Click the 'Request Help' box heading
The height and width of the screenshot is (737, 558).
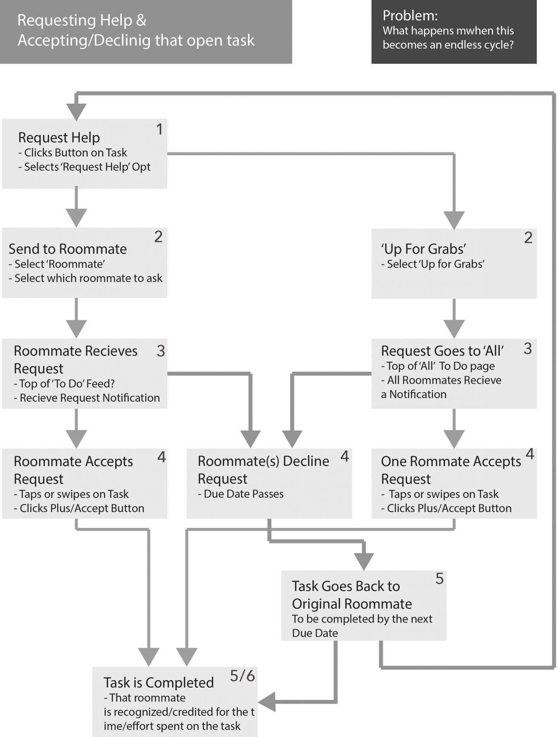pyautogui.click(x=59, y=137)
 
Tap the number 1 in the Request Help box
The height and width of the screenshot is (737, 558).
pyautogui.click(x=159, y=129)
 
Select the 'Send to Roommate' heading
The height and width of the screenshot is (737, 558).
pyautogui.click(x=68, y=249)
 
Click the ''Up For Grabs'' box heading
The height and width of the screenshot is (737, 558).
pyautogui.click(x=424, y=249)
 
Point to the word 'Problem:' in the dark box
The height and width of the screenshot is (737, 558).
pyautogui.click(x=410, y=15)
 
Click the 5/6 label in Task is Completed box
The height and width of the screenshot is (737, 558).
pyautogui.click(x=242, y=676)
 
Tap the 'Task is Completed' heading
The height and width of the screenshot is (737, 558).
pyautogui.click(x=159, y=683)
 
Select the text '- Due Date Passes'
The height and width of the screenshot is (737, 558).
pyautogui.click(x=241, y=494)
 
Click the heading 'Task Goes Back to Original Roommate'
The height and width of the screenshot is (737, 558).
pyautogui.click(x=352, y=595)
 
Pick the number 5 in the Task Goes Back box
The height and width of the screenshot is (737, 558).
pyautogui.click(x=439, y=579)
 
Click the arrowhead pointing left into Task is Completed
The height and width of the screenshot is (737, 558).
pyautogui.click(x=267, y=702)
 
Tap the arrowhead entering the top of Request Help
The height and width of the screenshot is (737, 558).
pyautogui.click(x=76, y=112)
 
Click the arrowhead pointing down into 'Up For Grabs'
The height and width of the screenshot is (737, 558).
pyautogui.click(x=454, y=220)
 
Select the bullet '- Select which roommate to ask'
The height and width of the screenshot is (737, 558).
pyautogui.click(x=86, y=278)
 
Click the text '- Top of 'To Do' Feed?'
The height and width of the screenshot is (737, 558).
pyautogui.click(x=64, y=384)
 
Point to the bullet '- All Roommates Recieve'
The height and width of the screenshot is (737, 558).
pyautogui.click(x=441, y=380)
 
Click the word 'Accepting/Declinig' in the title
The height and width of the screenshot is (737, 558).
pyautogui.click(x=84, y=40)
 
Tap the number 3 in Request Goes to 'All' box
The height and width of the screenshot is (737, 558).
pyautogui.click(x=527, y=348)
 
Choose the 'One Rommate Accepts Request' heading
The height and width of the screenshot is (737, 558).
pyautogui.click(x=451, y=470)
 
